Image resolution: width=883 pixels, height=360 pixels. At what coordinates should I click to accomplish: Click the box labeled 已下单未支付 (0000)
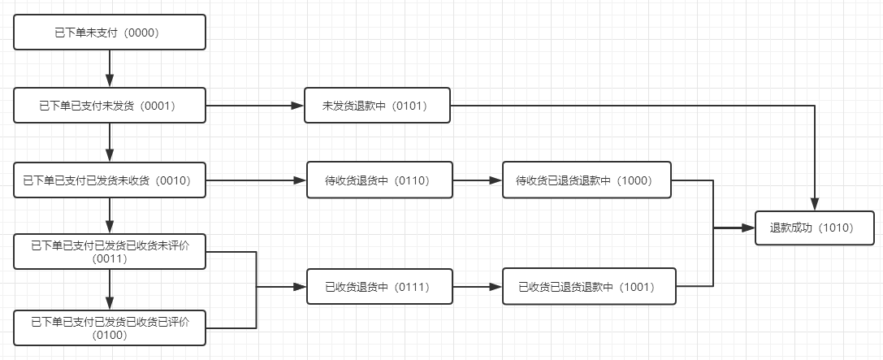pos(110,33)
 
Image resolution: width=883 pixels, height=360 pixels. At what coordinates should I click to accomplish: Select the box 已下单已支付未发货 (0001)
pos(110,106)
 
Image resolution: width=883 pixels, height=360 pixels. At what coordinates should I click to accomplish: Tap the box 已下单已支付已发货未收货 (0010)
pos(110,180)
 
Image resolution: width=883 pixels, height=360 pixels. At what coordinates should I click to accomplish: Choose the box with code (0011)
pos(110,250)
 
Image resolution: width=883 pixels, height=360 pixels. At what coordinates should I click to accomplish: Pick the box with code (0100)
pos(110,327)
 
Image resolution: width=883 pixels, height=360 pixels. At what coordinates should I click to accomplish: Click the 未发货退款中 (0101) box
pos(377,106)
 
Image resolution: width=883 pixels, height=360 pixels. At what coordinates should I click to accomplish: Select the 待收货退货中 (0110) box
pos(379,180)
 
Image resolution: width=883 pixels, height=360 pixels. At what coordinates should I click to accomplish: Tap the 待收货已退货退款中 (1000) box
pos(587,180)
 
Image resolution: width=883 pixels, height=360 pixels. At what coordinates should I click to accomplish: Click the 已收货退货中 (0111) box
pos(379,287)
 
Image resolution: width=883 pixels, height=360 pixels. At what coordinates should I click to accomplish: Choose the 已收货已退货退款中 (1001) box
pos(588,287)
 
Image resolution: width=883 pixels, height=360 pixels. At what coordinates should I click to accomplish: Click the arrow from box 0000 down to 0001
pos(110,69)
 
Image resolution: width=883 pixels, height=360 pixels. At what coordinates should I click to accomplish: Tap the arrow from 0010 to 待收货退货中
pos(256,180)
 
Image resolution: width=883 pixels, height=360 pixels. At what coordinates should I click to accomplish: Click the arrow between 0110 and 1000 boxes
pos(477,180)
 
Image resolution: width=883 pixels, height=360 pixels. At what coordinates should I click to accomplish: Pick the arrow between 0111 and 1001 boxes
pos(477,287)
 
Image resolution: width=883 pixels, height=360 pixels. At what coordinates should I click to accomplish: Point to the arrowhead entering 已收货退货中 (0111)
pos(300,287)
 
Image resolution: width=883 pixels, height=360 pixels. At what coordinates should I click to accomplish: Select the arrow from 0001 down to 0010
pos(110,143)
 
